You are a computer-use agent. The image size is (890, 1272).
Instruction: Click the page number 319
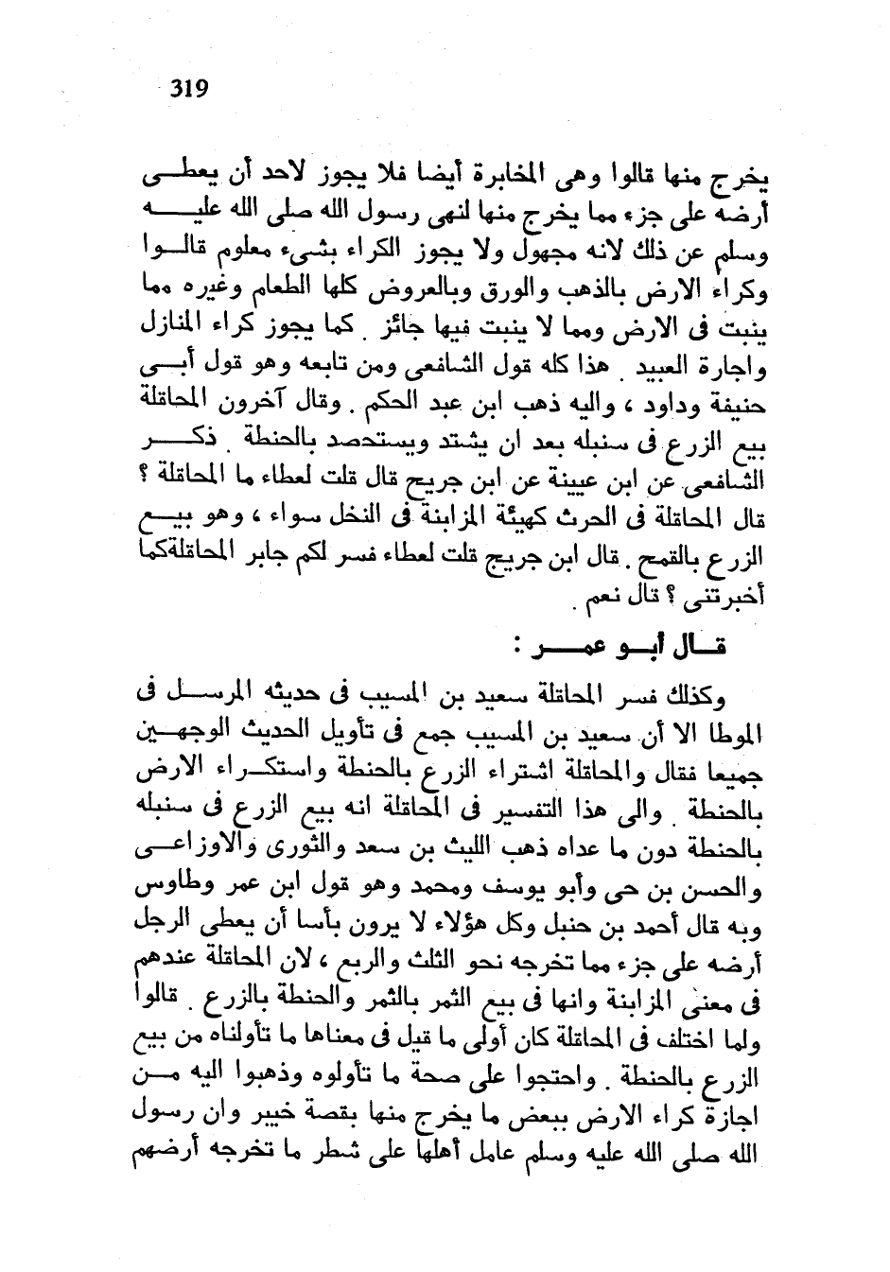pos(188,89)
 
